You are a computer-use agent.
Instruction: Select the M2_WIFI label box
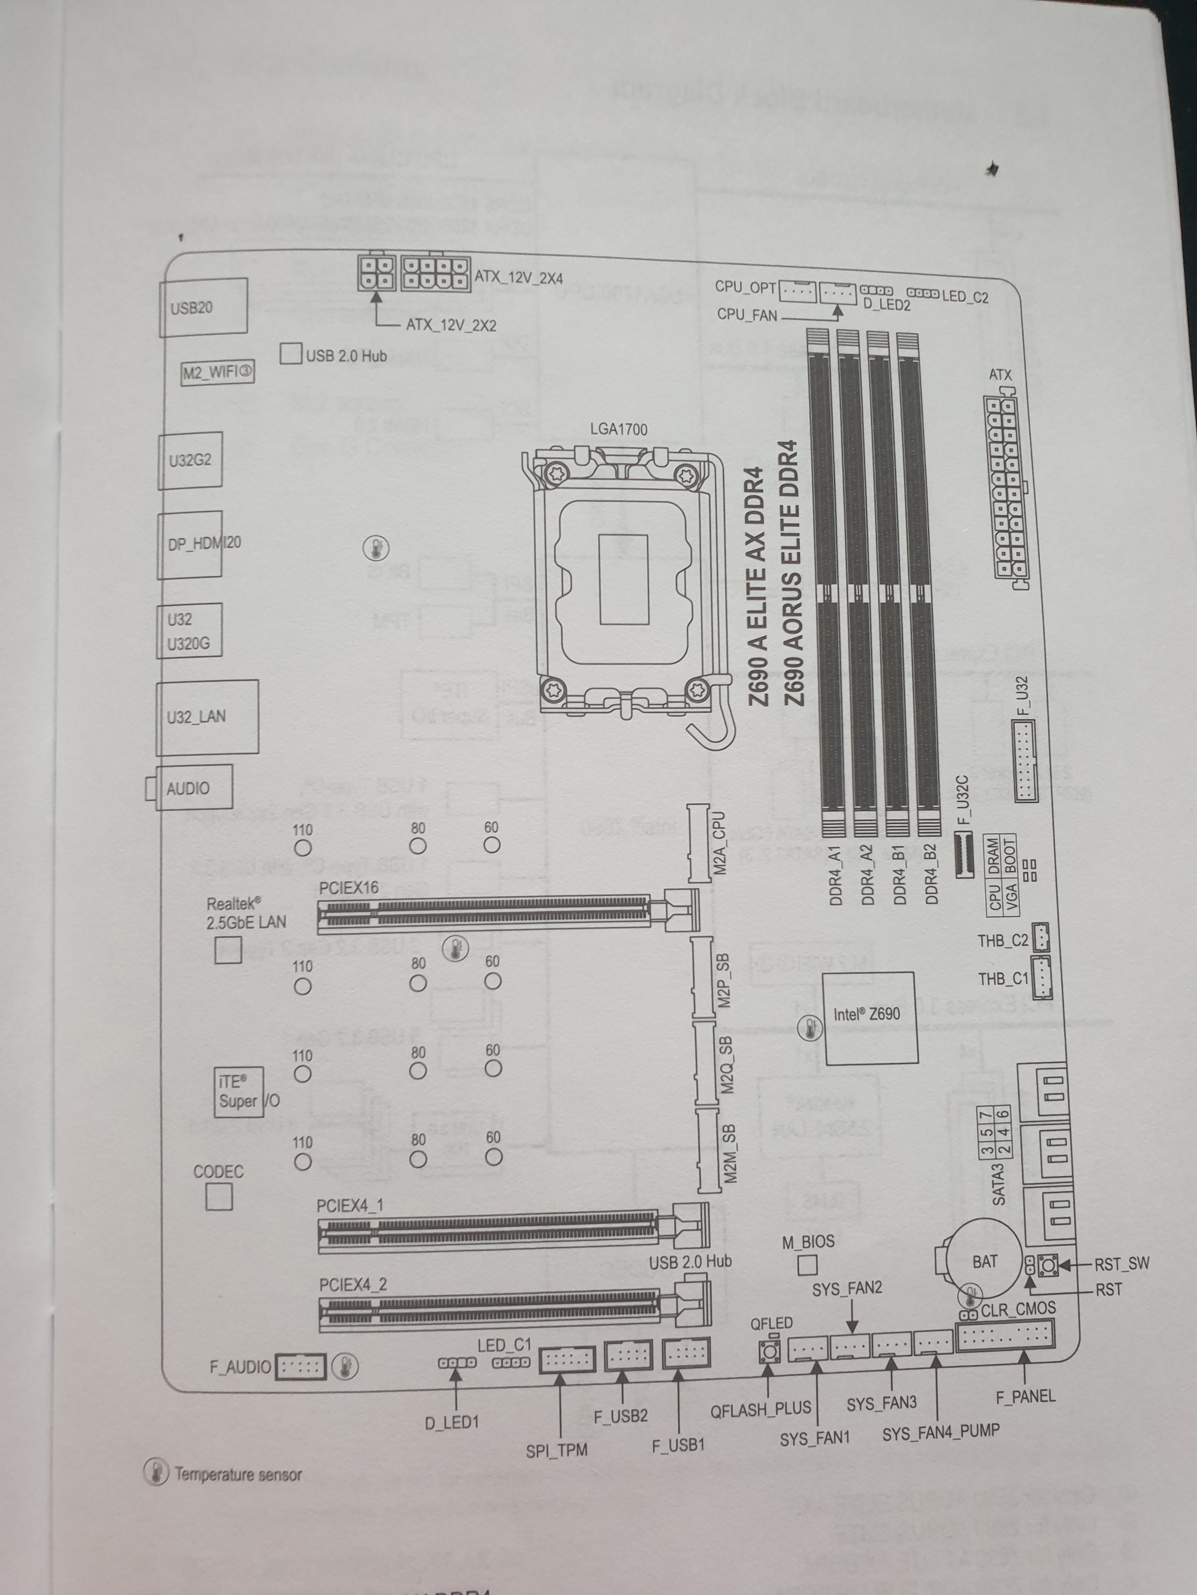point(217,373)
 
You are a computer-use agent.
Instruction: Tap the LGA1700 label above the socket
point(618,429)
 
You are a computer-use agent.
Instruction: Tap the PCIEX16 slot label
point(348,888)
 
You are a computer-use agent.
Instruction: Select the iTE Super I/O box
point(238,1093)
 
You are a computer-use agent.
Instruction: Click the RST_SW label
point(1121,1263)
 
